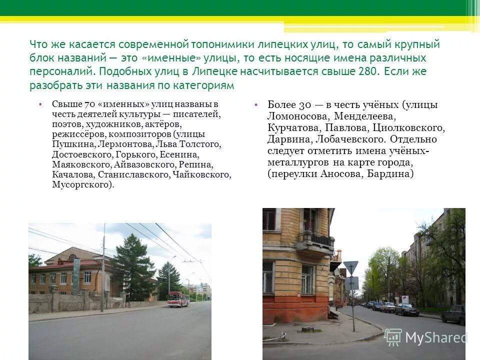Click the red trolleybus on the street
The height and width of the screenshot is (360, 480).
pyautogui.click(x=178, y=299)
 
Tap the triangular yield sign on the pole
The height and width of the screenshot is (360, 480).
pyautogui.click(x=351, y=267)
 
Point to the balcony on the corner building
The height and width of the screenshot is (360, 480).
pyautogui.click(x=315, y=242)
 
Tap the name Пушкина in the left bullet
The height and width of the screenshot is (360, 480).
pyautogui.click(x=68, y=144)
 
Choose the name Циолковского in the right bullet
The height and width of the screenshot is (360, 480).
pyautogui.click(x=409, y=127)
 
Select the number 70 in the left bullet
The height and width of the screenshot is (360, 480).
pyautogui.click(x=89, y=104)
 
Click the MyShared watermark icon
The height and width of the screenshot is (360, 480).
pyautogui.click(x=393, y=337)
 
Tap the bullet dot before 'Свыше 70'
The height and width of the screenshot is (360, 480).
pyautogui.click(x=39, y=104)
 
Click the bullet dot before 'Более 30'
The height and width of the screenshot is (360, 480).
pyautogui.click(x=255, y=105)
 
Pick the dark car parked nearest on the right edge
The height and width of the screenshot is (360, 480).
pyautogui.click(x=454, y=314)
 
